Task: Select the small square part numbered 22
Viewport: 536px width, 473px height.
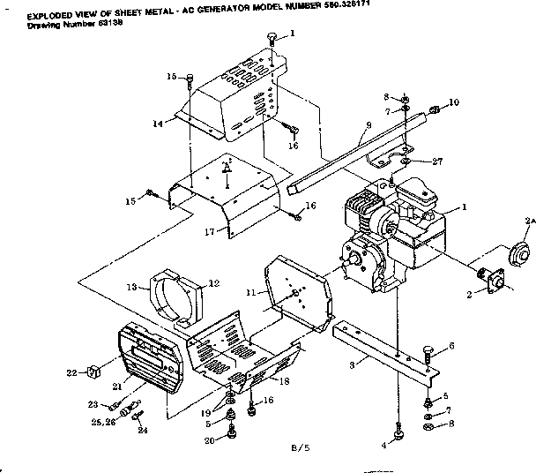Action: coord(92,372)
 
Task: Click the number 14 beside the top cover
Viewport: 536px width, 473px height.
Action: coord(157,124)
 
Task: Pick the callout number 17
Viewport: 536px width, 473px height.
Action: coord(209,233)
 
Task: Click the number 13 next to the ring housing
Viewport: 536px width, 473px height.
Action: coord(133,287)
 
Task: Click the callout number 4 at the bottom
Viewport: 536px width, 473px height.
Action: coord(384,447)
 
